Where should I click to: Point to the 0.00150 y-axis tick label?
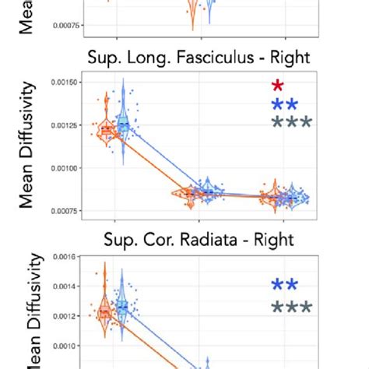coord(66,82)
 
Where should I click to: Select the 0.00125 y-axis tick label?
coord(66,125)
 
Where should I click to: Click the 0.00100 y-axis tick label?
coord(66,168)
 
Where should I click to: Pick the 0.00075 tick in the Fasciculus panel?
coord(66,211)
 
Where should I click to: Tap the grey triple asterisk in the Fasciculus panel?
coord(291,123)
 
